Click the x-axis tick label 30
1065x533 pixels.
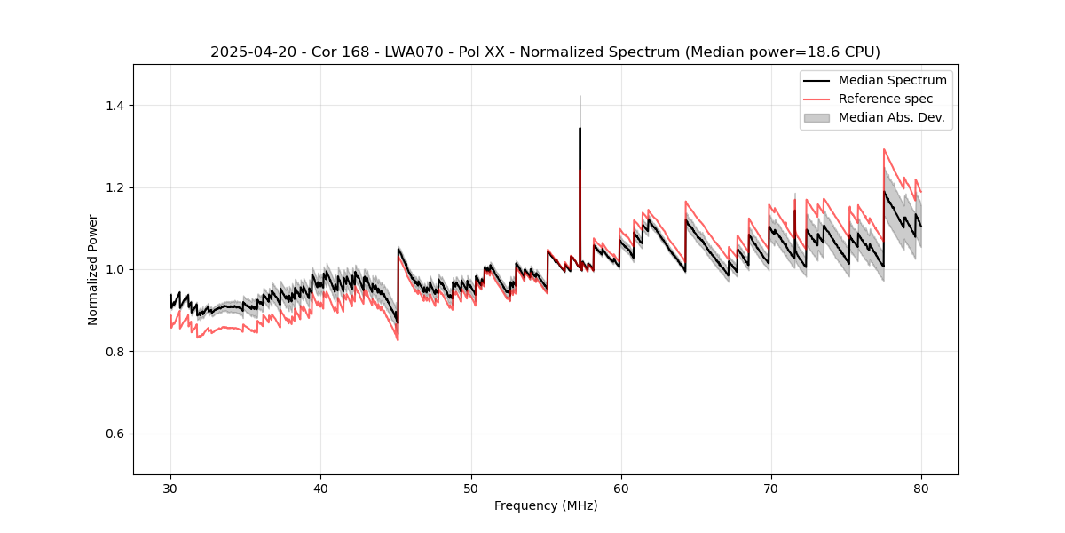[170, 489]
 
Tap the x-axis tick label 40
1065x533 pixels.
[320, 489]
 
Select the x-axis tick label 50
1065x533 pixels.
[470, 489]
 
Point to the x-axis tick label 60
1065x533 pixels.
[620, 489]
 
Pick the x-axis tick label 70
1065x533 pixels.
[770, 489]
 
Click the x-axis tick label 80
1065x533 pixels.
[920, 489]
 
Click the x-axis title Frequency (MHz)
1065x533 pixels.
[546, 505]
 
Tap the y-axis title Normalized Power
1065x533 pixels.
[93, 269]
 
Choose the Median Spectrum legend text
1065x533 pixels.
[892, 80]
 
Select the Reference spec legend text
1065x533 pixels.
[886, 99]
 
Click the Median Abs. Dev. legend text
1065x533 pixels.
[891, 117]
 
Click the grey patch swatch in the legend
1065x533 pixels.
[816, 117]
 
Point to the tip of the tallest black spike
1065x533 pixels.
[580, 128]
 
